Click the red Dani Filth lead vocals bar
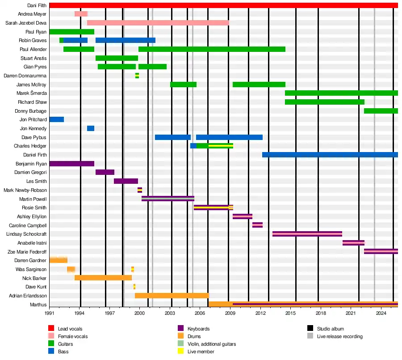pyautogui.click(x=223, y=5)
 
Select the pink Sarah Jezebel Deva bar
pyautogui.click(x=158, y=23)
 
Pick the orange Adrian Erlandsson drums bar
pyautogui.click(x=172, y=296)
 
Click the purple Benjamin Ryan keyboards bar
pyautogui.click(x=71, y=164)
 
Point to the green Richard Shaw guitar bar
pyautogui.click(x=324, y=102)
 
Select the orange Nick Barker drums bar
pyautogui.click(x=103, y=278)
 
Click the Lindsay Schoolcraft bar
pyautogui.click(x=307, y=234)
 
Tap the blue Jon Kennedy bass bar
pyautogui.click(x=90, y=128)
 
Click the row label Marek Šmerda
pyautogui.click(x=32, y=93)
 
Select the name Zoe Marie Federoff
pyautogui.click(x=27, y=252)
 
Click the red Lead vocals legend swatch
pyautogui.click(x=51, y=329)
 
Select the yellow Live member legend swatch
pyautogui.click(x=181, y=352)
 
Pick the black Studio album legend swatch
pyautogui.click(x=310, y=329)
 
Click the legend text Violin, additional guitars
pyautogui.click(x=212, y=344)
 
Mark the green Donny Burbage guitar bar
pyautogui.click(x=381, y=111)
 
